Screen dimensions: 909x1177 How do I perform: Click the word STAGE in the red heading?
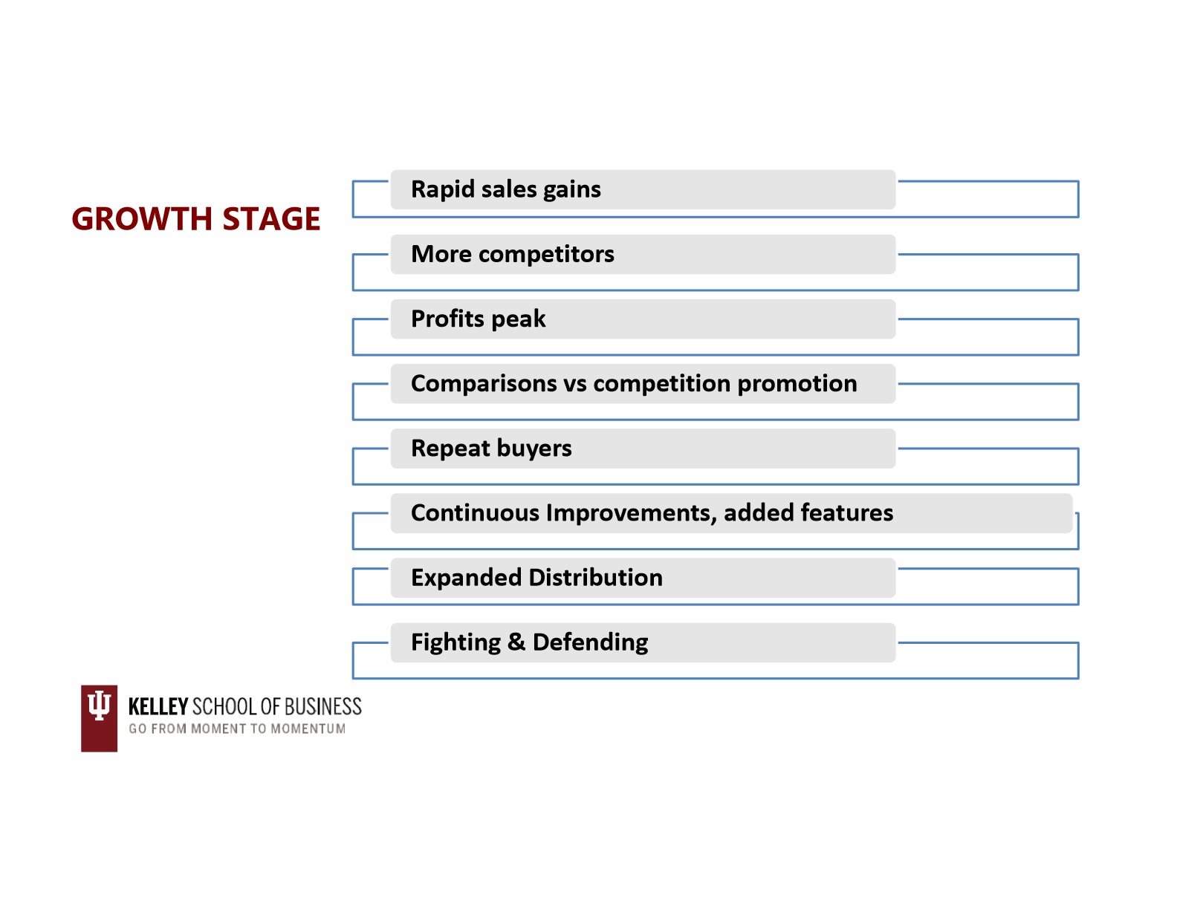[271, 219]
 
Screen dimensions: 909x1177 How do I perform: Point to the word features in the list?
[849, 512]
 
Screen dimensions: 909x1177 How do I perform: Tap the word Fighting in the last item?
[455, 642]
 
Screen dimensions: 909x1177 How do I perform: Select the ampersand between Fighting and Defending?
[516, 642]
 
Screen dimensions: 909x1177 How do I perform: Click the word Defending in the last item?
[591, 642]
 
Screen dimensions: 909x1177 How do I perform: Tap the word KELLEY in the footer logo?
[158, 706]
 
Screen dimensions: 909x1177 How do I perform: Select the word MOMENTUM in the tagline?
[308, 729]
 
